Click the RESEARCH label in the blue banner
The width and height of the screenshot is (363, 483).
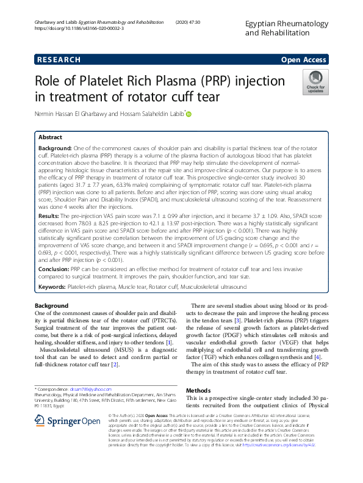[x=59, y=60]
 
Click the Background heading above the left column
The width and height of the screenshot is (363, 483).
[x=51, y=305]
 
